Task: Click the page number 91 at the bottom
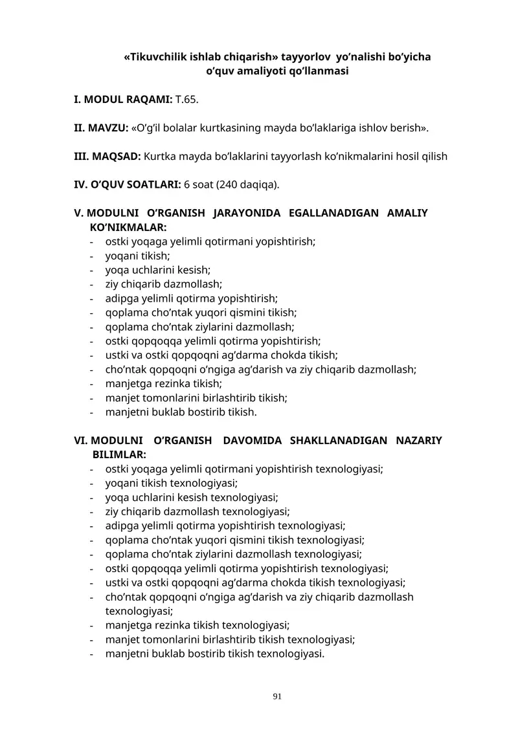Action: [277, 696]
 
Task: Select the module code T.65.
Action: [187, 100]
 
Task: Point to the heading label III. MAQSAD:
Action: [107, 156]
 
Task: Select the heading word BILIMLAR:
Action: [119, 455]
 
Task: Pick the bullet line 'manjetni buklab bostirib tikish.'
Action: [181, 412]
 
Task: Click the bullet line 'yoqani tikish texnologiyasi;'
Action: [172, 483]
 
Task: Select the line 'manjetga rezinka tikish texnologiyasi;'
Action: [197, 625]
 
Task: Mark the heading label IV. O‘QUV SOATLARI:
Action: [127, 184]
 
